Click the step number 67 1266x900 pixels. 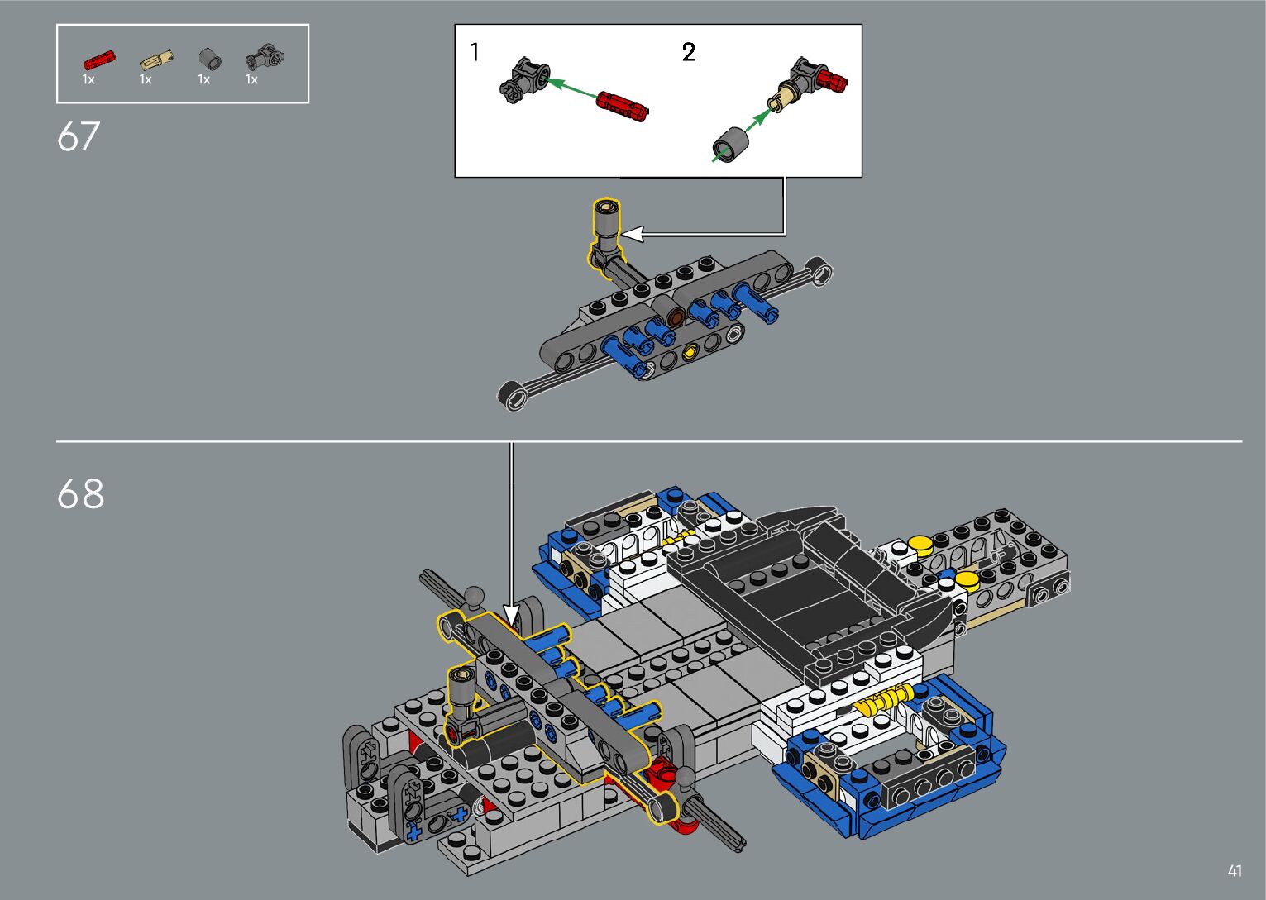click(79, 136)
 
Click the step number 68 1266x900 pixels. click(81, 493)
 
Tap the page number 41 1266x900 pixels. click(1235, 870)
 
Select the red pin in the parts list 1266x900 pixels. click(99, 60)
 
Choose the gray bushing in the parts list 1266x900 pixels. click(210, 60)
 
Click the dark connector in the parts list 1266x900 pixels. click(264, 59)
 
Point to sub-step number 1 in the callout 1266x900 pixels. click(475, 52)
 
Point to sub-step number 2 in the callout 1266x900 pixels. click(688, 52)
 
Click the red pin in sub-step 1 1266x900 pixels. click(623, 107)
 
